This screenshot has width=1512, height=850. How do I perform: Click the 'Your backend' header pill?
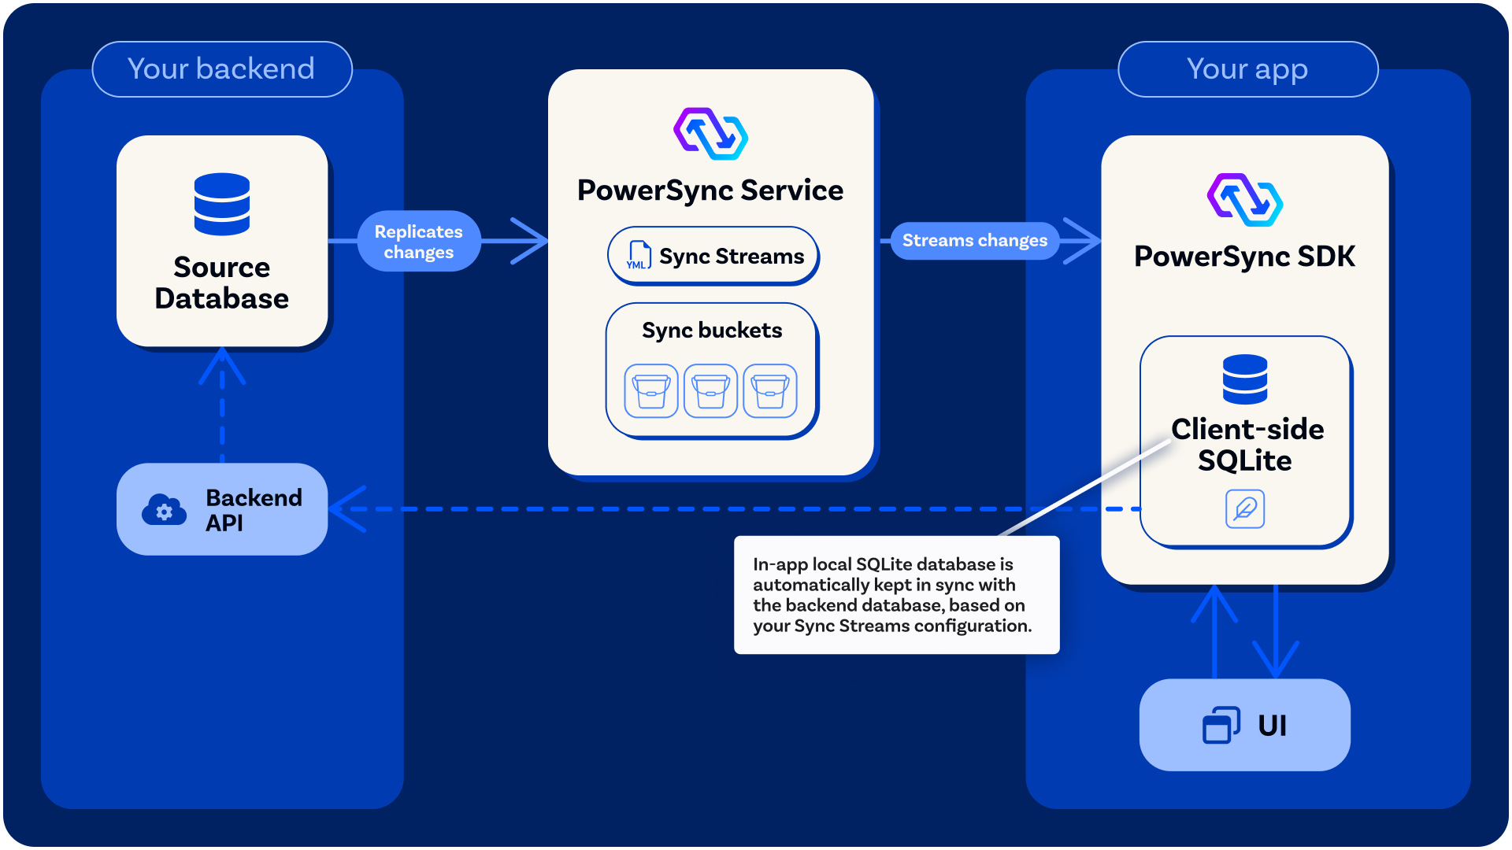(222, 69)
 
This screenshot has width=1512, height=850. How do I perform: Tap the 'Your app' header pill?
(1247, 69)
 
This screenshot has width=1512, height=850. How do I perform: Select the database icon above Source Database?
(222, 204)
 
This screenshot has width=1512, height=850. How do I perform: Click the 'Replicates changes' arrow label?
(419, 242)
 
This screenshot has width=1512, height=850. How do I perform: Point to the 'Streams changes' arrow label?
(975, 240)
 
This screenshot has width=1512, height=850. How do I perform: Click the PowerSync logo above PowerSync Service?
(710, 134)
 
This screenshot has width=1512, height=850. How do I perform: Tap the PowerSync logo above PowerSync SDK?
(1245, 200)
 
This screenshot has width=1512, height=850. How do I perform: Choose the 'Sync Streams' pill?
(713, 256)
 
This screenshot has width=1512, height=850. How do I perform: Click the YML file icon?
(638, 256)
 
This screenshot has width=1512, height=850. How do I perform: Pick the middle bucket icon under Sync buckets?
(710, 390)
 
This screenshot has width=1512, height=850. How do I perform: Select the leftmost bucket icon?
(651, 390)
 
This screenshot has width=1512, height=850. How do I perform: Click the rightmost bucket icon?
(770, 390)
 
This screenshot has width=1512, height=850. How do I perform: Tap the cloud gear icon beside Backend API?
(164, 510)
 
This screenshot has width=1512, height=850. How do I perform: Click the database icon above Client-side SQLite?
(1245, 379)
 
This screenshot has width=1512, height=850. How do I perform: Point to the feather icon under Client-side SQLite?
(1245, 508)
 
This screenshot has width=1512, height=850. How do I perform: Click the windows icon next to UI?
(1221, 725)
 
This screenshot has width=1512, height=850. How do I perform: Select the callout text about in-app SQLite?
(892, 595)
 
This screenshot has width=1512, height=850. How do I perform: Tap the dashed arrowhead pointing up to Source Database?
(222, 366)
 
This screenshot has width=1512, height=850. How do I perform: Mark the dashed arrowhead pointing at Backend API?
(347, 509)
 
